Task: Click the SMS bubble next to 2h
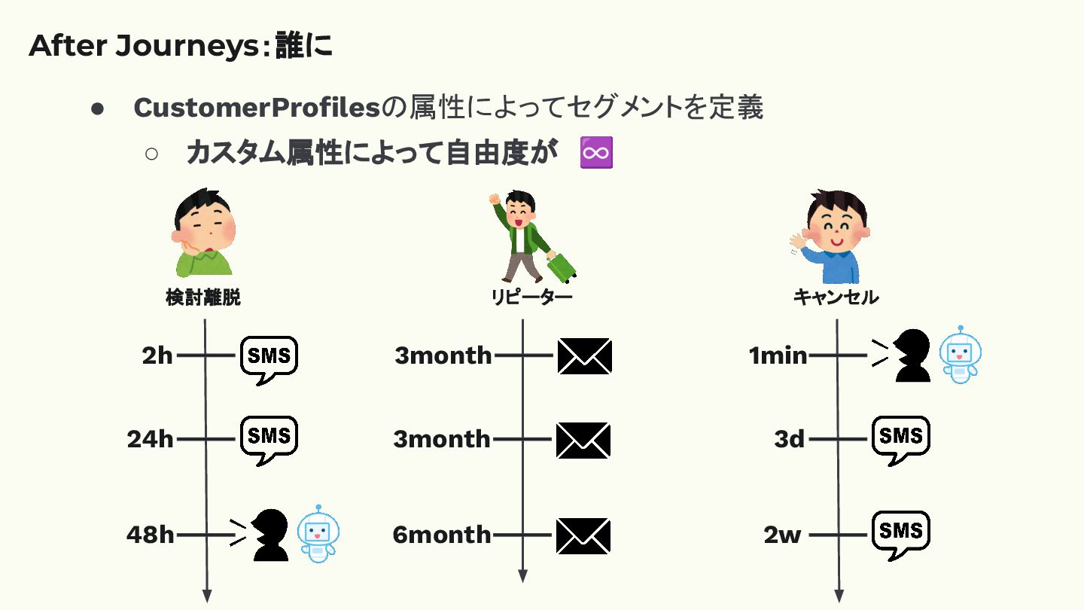tap(269, 357)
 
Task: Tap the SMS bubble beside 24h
tap(269, 436)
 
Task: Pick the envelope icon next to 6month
tap(583, 535)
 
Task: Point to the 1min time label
tap(778, 355)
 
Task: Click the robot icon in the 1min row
tap(961, 355)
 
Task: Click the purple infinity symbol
tap(597, 154)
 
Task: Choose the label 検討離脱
tap(203, 297)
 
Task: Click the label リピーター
tap(531, 297)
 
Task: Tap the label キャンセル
tap(836, 297)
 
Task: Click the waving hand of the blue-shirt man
tap(797, 243)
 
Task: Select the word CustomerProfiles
tap(256, 108)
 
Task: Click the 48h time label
tap(151, 535)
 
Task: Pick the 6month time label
tap(442, 535)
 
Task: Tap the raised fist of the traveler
tap(495, 200)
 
